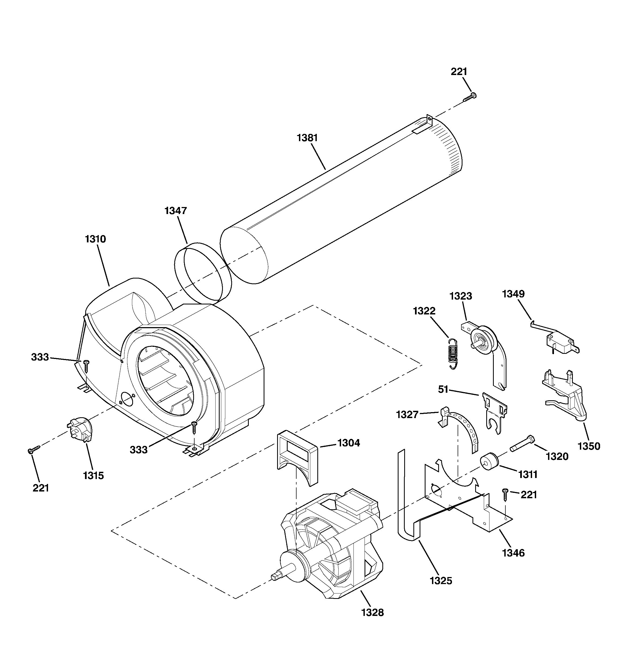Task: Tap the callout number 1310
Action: (x=96, y=239)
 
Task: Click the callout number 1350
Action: (x=589, y=446)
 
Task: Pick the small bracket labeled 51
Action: (x=494, y=410)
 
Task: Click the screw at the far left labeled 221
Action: (x=34, y=450)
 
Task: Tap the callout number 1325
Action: (x=441, y=581)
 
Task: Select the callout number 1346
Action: (x=513, y=553)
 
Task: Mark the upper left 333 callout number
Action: (x=40, y=357)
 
